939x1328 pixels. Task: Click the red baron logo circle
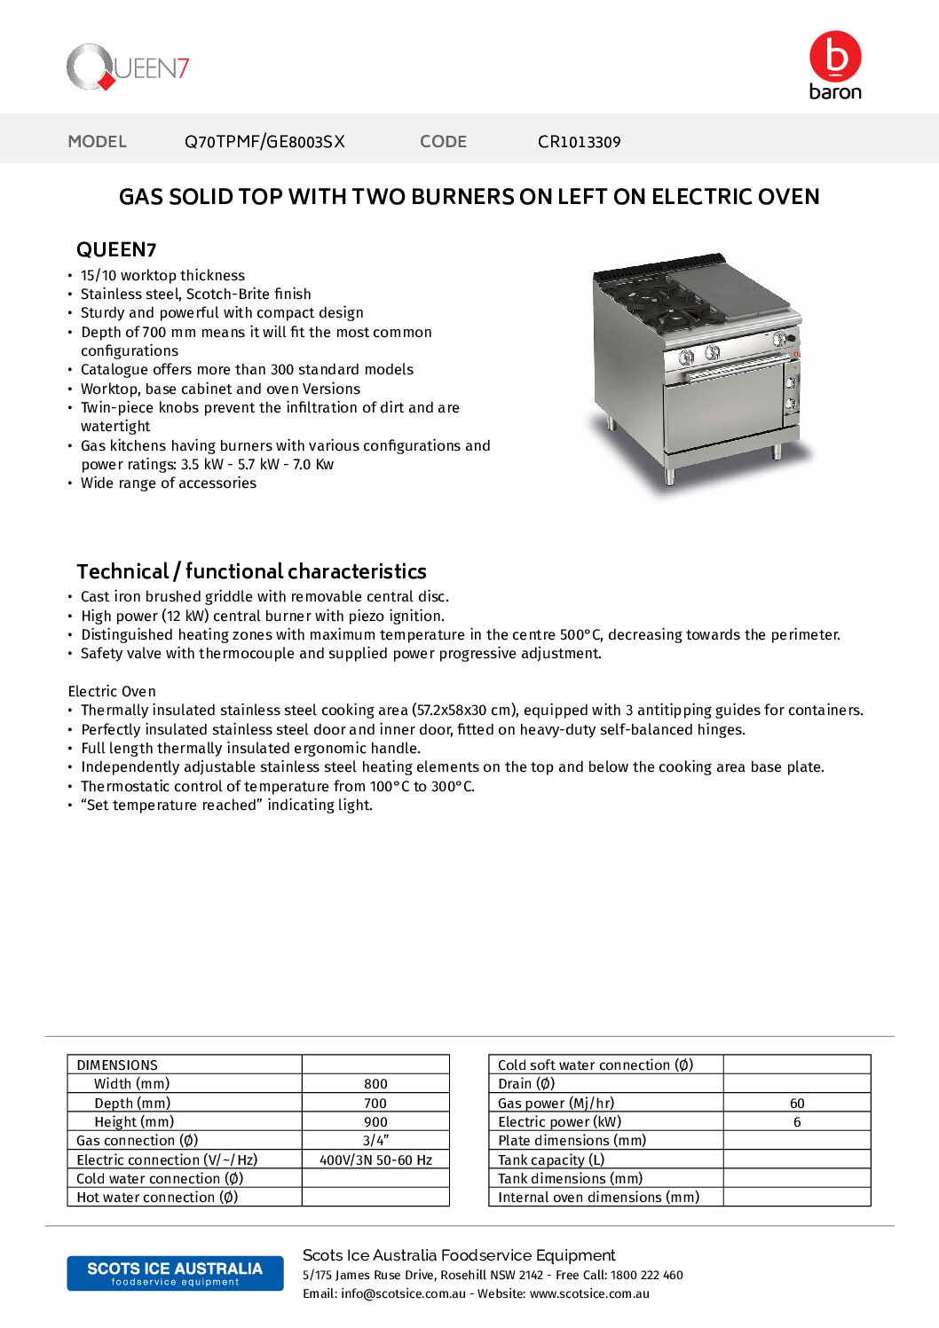(834, 57)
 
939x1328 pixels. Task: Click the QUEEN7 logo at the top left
(128, 67)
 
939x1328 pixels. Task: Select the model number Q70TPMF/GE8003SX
(264, 142)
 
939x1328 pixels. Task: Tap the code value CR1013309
(579, 142)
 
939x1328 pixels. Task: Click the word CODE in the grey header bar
(443, 142)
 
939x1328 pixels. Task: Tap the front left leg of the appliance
(669, 474)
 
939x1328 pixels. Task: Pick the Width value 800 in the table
(375, 1084)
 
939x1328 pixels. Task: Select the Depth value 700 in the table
(375, 1104)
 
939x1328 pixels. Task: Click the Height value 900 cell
(375, 1122)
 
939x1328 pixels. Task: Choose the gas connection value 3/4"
(375, 1141)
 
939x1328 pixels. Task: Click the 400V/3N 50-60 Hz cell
(375, 1160)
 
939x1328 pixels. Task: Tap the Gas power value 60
(797, 1104)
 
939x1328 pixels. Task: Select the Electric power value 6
(797, 1122)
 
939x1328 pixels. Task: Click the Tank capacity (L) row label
(551, 1160)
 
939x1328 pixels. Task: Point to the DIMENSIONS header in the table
(117, 1065)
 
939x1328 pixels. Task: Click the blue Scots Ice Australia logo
(175, 1273)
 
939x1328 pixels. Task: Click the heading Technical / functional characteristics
(251, 571)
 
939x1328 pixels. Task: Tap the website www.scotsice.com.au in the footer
(589, 1294)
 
